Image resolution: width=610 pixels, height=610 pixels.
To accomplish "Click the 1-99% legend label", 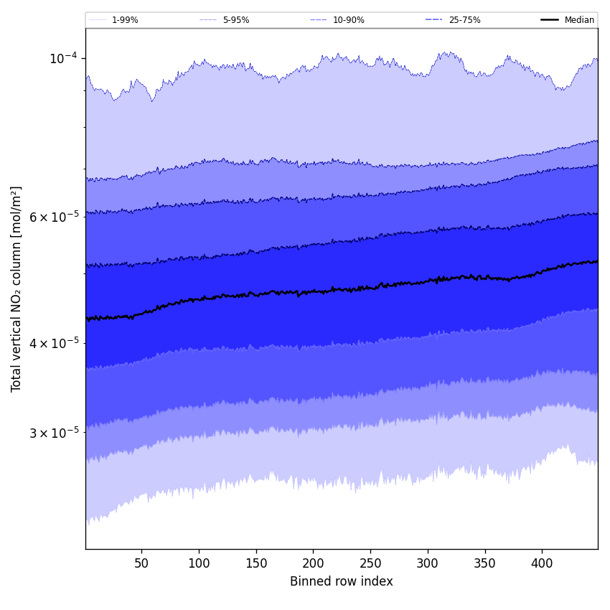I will pos(125,20).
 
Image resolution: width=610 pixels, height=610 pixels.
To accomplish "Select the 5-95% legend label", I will pos(236,20).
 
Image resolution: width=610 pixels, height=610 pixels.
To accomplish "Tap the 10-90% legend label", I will pos(348,20).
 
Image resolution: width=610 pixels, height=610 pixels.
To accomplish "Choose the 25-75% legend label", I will pos(464,20).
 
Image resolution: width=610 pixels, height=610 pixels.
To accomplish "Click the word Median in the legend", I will pos(579,20).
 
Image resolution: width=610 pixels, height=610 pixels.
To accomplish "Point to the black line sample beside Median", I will pos(550,20).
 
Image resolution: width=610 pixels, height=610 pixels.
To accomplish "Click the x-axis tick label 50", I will pos(141,563).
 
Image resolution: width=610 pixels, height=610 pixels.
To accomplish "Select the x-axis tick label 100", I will pos(199,563).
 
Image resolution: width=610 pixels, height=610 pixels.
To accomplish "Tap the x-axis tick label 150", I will pos(255,563).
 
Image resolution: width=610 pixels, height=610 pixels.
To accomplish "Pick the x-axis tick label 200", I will pos(313,563).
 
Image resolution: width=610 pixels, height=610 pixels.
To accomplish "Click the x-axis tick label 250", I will pos(370,563).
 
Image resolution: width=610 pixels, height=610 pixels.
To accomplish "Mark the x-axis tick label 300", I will pos(428,563).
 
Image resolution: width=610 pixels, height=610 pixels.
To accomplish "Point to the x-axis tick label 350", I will pos(485,563).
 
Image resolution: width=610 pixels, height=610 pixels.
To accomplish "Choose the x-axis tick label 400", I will pos(542,563).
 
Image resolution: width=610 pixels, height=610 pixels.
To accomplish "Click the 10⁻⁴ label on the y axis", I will pos(63,58).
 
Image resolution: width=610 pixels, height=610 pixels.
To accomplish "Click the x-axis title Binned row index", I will pos(342,581).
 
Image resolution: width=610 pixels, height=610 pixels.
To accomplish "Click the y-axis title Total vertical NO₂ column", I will pos(17,288).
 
